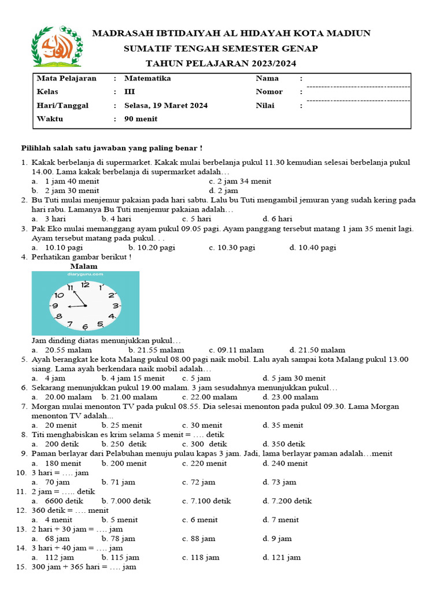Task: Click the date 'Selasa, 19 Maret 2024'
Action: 166,105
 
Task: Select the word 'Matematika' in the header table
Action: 147,78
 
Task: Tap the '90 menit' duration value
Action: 140,119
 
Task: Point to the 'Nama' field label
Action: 267,78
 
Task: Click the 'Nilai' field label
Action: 265,105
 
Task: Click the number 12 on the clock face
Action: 86,284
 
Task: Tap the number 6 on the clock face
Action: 85,327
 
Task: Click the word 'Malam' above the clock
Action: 84,266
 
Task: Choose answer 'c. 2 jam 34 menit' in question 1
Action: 240,181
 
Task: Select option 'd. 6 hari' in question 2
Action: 277,219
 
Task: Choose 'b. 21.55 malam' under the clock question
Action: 156,350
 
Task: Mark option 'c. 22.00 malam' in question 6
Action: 209,397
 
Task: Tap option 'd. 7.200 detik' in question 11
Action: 287,501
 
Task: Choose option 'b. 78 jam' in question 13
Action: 118,538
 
